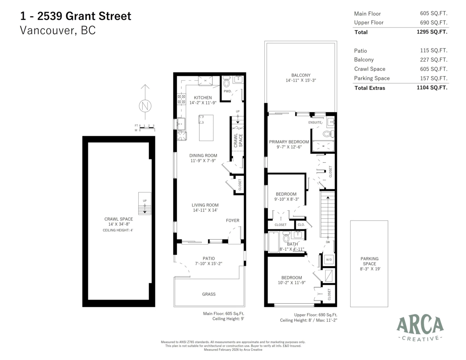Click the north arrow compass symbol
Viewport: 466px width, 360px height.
[x=145, y=105]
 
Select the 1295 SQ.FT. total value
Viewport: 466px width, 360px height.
[x=431, y=32]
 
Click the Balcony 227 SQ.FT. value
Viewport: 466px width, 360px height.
[x=434, y=60]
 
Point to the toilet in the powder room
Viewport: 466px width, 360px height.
[x=227, y=82]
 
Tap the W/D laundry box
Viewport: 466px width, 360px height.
[x=329, y=259]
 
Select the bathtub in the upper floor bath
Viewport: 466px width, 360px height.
[x=274, y=242]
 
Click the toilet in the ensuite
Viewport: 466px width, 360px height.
[x=328, y=134]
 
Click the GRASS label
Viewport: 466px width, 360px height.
[x=209, y=294]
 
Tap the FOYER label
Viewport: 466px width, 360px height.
[x=233, y=221]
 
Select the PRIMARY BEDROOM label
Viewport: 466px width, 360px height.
[x=289, y=142]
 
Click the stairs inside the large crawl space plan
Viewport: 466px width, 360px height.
[x=144, y=203]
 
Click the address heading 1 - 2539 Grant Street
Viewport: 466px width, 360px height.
[x=76, y=16]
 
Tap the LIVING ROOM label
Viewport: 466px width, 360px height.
[x=205, y=205]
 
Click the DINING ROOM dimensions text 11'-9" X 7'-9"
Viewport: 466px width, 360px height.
[x=203, y=161]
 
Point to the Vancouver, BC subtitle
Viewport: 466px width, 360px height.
[x=58, y=31]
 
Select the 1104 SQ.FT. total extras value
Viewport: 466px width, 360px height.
[x=431, y=88]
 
